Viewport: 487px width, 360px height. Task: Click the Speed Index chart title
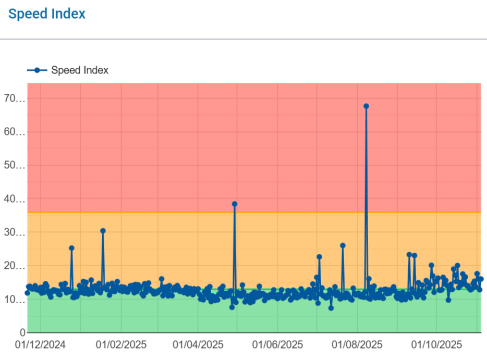tap(46, 14)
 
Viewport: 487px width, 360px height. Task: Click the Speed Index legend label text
tap(80, 70)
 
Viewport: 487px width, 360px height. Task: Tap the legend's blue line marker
tap(37, 70)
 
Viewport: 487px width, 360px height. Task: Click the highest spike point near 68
tap(366, 106)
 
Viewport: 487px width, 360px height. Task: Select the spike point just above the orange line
tap(235, 204)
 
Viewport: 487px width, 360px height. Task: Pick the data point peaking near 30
tap(103, 231)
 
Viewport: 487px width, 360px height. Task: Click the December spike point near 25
tap(71, 248)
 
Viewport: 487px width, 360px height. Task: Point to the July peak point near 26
tap(343, 245)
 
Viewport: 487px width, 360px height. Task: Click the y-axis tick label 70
tap(15, 99)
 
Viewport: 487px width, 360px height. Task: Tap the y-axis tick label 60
tap(15, 132)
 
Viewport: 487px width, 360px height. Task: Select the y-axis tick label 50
tap(15, 166)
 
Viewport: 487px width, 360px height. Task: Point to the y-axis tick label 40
tap(15, 200)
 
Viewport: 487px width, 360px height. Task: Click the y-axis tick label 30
tap(15, 233)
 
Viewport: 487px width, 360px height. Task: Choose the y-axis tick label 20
tap(15, 266)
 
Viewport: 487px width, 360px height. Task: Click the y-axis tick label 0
tap(22, 332)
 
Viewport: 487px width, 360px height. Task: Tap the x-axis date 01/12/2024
tap(40, 345)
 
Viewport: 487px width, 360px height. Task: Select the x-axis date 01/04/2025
tap(198, 345)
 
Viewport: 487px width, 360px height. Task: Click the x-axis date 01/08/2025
tap(357, 345)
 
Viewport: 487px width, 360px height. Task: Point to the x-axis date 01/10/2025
tap(437, 345)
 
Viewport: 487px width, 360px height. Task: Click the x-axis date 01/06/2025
tap(277, 345)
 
